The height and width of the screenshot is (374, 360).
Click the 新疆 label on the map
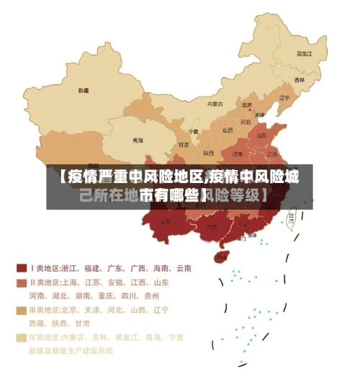(84, 92)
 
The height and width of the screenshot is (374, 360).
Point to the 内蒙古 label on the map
(215, 104)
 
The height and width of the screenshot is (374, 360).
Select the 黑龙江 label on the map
(304, 53)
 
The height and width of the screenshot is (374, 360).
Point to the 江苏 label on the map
(272, 153)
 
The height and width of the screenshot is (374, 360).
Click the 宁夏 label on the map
(192, 132)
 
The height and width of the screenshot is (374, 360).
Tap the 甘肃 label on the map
(184, 144)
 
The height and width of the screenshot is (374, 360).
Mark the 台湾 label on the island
(292, 215)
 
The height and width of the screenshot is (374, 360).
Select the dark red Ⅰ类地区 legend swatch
(22, 268)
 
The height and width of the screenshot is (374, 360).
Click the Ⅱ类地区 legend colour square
(22, 282)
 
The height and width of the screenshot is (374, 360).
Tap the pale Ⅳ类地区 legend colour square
(22, 337)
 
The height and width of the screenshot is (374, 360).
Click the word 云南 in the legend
(182, 268)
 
